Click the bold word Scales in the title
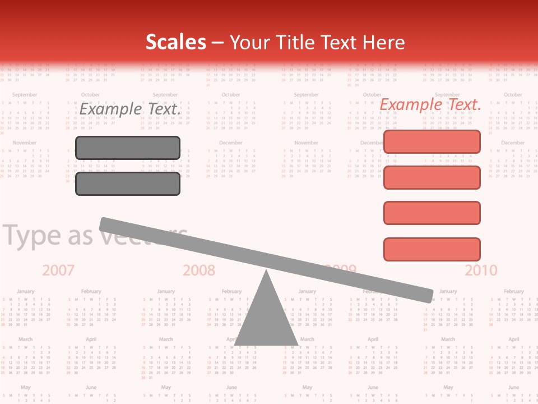coord(175,42)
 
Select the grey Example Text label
coord(130,109)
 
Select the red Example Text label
coord(430,104)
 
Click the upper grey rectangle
coord(128,148)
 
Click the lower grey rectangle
coord(128,183)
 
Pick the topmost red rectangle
coord(432,142)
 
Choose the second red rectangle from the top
coord(432,177)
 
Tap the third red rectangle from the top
coord(432,213)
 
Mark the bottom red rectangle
coord(432,249)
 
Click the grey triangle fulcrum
coord(266,320)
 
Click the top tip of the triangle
coord(266,272)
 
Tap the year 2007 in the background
coord(58,270)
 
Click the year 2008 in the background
coord(199,270)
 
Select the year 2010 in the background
coord(481,270)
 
